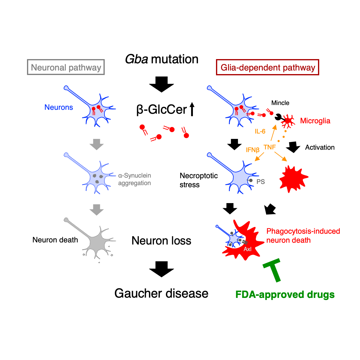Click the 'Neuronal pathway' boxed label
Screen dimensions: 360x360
[66, 67]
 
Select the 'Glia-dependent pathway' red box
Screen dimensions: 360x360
[268, 67]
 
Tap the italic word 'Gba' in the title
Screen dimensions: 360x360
[136, 59]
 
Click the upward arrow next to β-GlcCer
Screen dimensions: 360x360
[192, 109]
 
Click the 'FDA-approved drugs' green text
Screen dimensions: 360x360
[285, 295]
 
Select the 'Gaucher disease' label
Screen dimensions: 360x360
[161, 293]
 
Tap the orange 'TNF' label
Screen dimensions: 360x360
[270, 147]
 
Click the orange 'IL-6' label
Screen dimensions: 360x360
[260, 131]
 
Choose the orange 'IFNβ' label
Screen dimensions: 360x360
[253, 150]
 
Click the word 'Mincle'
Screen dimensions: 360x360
[280, 103]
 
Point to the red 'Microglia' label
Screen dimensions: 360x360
[315, 121]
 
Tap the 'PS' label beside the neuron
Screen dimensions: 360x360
[261, 182]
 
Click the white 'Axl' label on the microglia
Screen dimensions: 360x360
[247, 249]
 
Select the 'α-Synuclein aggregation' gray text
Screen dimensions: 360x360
[134, 179]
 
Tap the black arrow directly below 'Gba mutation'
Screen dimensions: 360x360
[161, 84]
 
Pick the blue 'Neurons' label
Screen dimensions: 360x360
[58, 107]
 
